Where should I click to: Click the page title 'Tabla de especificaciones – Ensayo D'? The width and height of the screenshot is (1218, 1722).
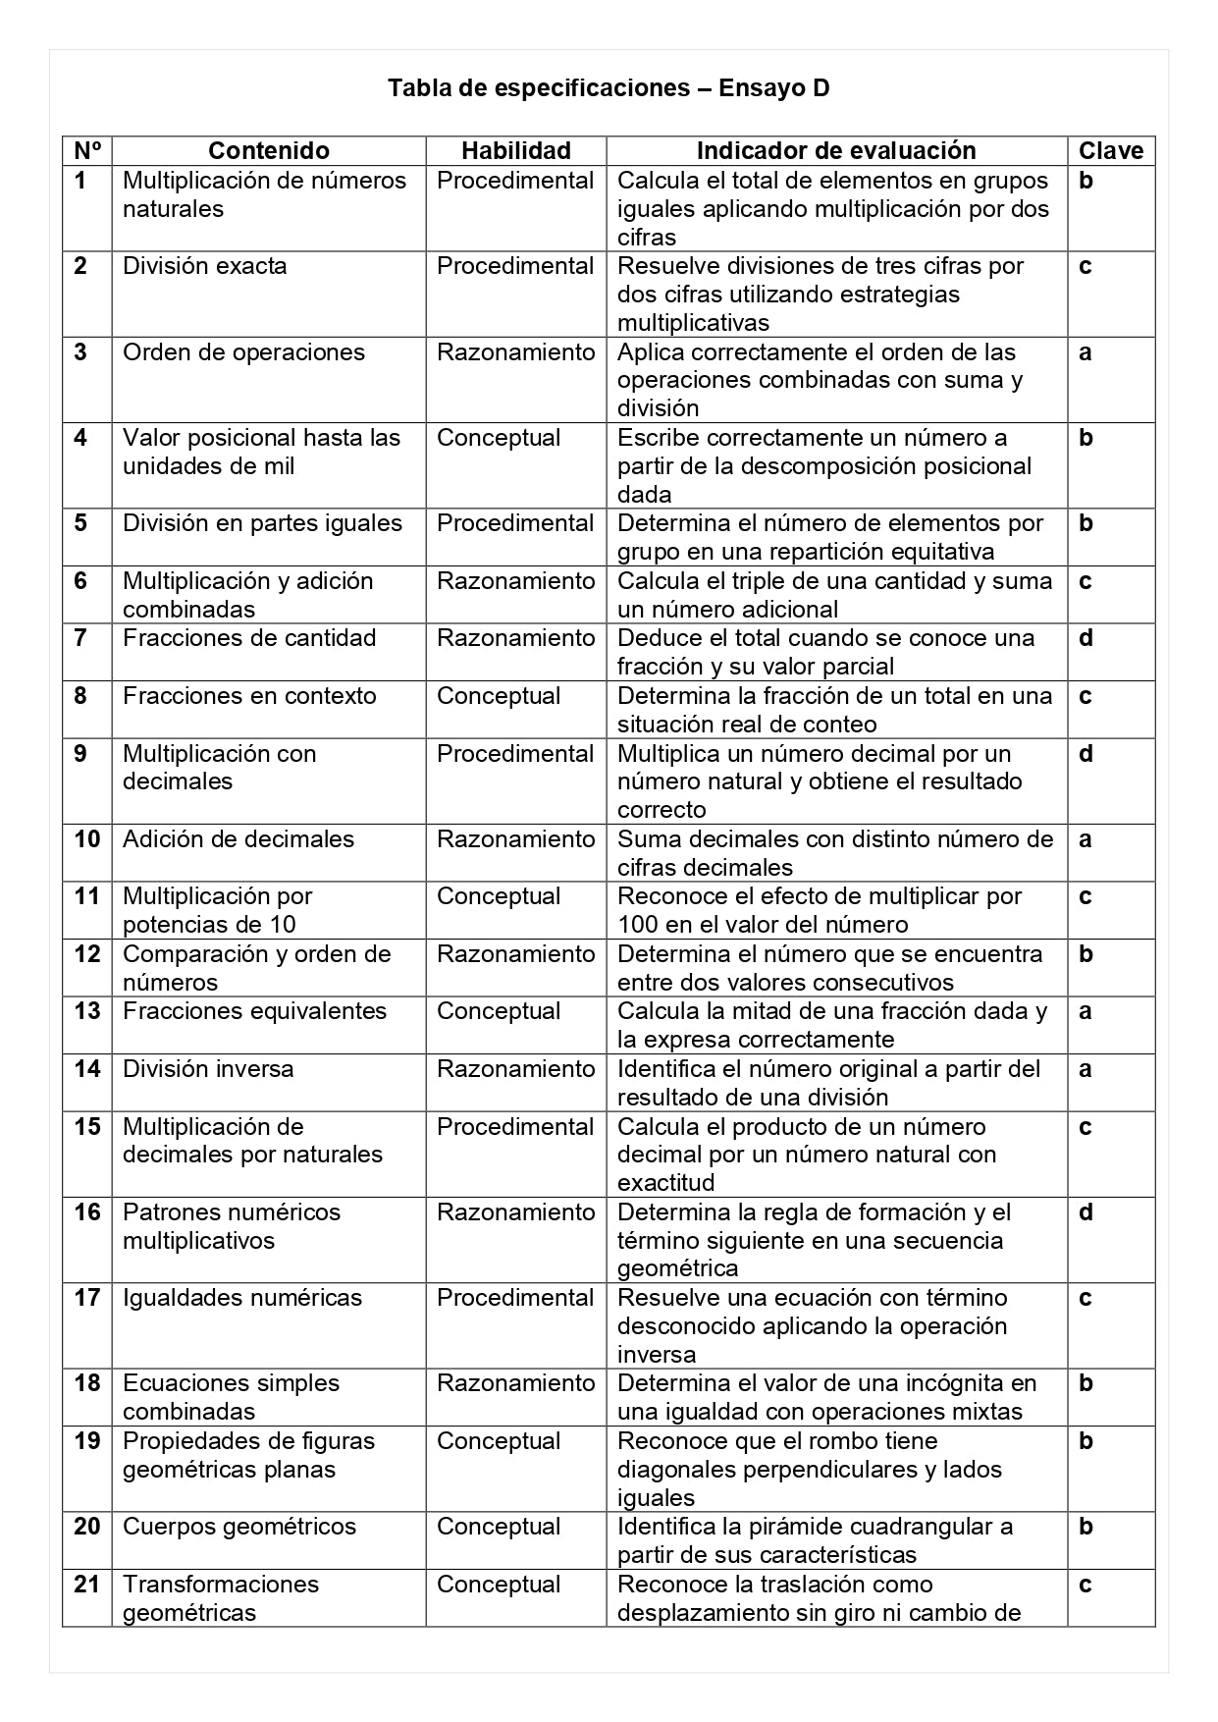coord(609,88)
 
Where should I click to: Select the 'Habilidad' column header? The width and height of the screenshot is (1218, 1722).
coord(515,150)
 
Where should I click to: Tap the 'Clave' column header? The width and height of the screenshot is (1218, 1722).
coord(1111,150)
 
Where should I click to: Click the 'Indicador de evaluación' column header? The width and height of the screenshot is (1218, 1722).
coord(836,150)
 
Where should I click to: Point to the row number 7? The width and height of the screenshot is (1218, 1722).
coord(80,638)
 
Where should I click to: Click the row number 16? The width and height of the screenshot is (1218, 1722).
coord(87,1212)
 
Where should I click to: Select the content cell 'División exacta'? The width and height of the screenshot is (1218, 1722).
coord(205,266)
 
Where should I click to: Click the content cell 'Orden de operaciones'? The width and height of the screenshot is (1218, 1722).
coord(243,352)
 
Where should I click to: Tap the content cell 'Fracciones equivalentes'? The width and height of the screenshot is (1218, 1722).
coord(255,1011)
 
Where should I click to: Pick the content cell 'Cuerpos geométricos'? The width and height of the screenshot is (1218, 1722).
coord(239,1527)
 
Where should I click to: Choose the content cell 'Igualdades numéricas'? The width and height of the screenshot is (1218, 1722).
coord(242,1298)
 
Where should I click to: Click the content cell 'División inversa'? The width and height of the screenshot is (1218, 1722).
coord(208,1069)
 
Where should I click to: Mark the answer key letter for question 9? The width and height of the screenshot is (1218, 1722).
coord(1086,754)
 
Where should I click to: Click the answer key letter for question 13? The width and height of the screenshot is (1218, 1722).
coord(1085,1011)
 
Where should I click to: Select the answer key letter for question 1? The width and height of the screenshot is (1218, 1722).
coord(1086,181)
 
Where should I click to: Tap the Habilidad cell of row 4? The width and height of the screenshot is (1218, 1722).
coord(499,438)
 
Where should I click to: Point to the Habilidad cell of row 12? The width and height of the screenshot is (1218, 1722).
coord(515,954)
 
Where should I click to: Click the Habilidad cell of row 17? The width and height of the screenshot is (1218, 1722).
coord(515,1298)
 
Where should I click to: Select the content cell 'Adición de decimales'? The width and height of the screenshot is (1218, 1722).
coord(238,839)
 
